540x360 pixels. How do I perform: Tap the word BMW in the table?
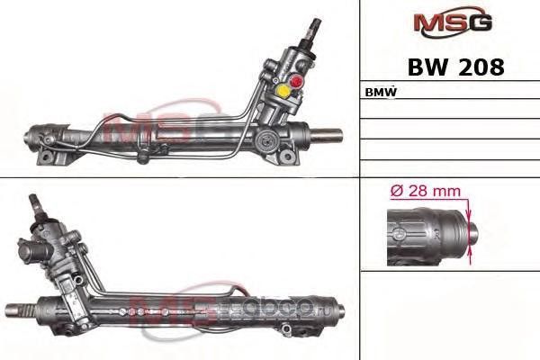[x=382, y=93]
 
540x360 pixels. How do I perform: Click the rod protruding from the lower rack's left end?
[x=13, y=311]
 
